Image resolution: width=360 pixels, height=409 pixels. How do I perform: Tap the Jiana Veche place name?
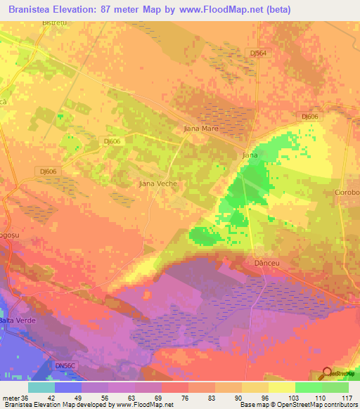pos(156,183)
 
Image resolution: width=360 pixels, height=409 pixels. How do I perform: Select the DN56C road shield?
pos(65,366)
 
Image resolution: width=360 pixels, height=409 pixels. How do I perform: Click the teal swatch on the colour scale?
pos(41,387)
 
